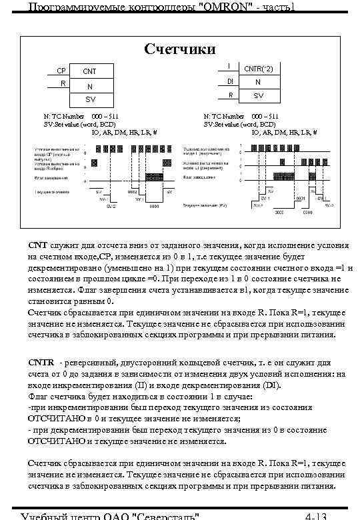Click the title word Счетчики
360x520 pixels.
click(x=180, y=49)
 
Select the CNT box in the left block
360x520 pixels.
click(x=89, y=71)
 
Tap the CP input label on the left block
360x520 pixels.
click(x=61, y=70)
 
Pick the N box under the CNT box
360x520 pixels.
click(x=89, y=86)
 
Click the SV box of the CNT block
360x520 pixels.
click(x=89, y=99)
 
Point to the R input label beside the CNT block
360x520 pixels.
click(x=61, y=83)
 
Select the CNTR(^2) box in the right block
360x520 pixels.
click(x=257, y=68)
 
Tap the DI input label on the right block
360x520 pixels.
click(x=229, y=81)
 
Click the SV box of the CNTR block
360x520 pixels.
click(x=257, y=95)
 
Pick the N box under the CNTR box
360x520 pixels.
click(x=257, y=82)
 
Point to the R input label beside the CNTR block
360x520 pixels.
click(x=229, y=95)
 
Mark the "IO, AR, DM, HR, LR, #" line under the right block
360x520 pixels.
click(x=283, y=132)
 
